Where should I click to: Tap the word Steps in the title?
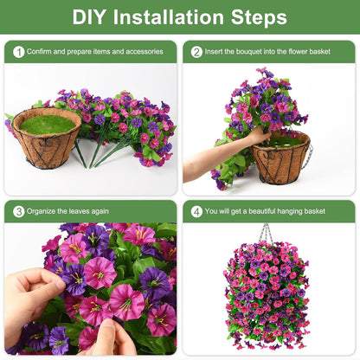coord(260,17)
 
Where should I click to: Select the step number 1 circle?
coord(18,52)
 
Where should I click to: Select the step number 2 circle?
coord(196,52)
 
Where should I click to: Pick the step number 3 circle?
coord(18,211)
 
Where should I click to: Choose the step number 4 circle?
coord(196,211)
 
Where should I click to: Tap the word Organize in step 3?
coord(43,211)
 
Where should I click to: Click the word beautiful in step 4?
coord(265,211)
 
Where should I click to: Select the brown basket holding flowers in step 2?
coord(280,160)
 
